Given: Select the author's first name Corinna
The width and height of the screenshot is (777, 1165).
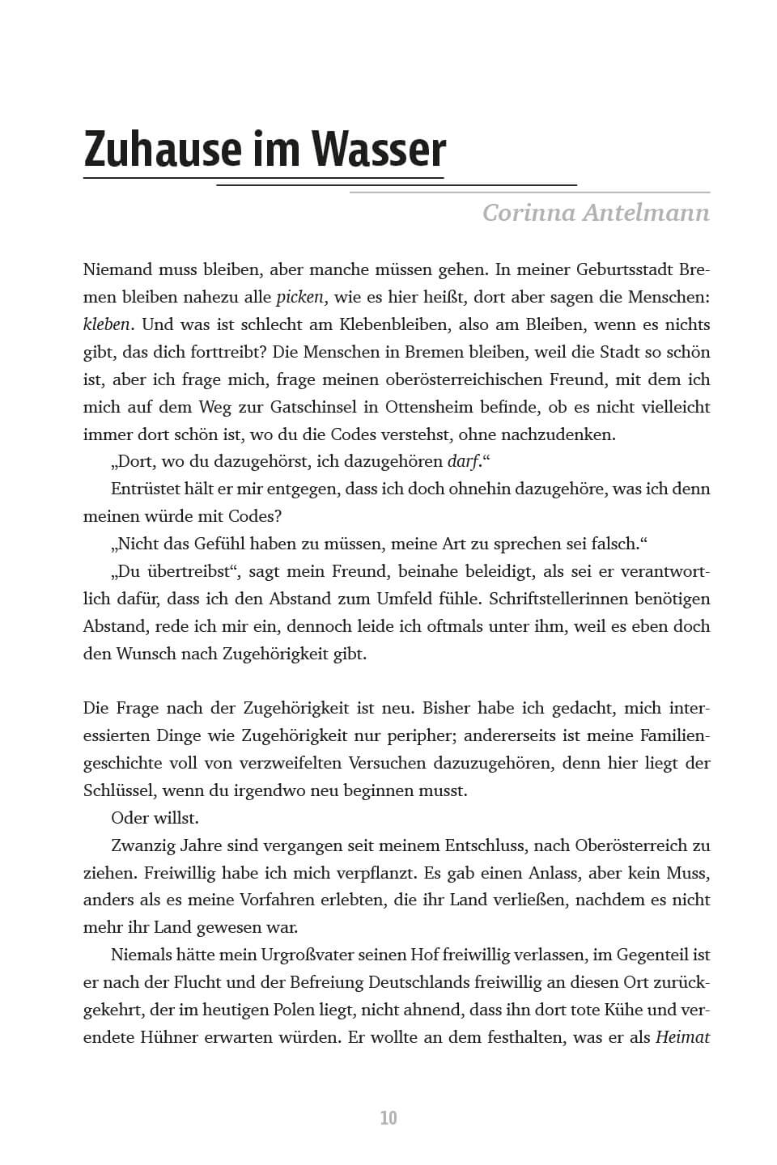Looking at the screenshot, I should click(x=533, y=213).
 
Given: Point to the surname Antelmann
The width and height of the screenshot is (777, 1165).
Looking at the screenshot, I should click(x=652, y=213).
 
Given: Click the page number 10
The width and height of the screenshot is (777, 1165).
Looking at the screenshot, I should click(x=388, y=1118).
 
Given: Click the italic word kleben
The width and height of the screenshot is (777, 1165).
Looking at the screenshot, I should click(x=106, y=324).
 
